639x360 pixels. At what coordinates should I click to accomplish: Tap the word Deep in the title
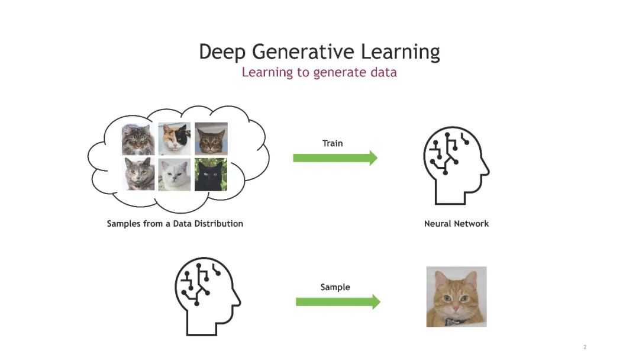tap(222, 52)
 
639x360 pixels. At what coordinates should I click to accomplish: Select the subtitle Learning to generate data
tap(319, 73)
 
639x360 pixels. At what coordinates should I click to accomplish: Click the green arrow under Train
tap(335, 157)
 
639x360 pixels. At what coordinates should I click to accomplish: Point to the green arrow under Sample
tap(337, 302)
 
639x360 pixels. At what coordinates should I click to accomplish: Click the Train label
tap(333, 143)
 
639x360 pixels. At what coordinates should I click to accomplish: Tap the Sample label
tap(335, 287)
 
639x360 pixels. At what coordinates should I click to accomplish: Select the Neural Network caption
tap(456, 224)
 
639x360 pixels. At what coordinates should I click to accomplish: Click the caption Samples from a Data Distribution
tap(175, 224)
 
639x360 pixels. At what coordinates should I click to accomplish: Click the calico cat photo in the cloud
tap(175, 139)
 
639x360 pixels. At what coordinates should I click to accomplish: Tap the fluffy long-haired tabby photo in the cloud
tap(138, 139)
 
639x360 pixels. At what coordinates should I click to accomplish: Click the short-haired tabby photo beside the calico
tap(211, 139)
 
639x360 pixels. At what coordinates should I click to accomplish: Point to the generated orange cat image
tap(456, 297)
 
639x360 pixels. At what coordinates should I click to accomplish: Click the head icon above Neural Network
tap(456, 165)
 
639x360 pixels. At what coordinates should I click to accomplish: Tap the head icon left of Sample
tap(208, 297)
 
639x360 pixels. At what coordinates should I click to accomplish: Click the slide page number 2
tap(585, 347)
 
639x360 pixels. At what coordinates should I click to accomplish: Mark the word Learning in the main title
tap(400, 52)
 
